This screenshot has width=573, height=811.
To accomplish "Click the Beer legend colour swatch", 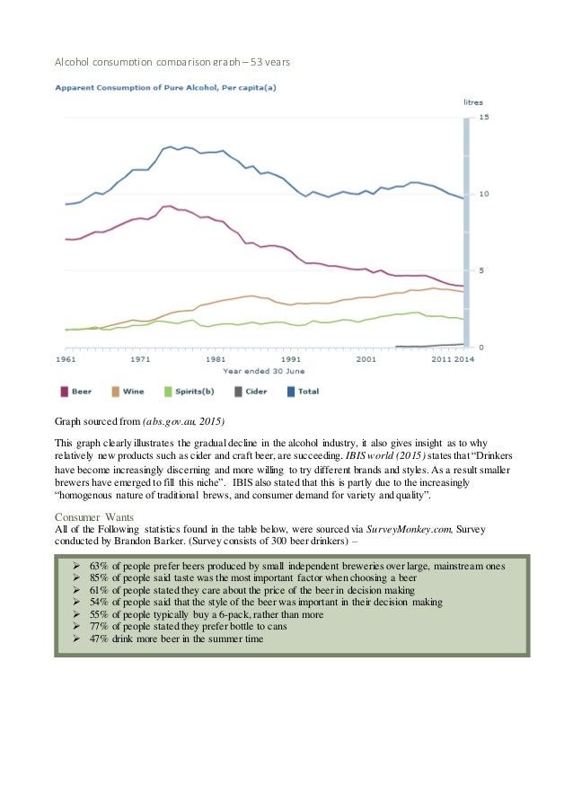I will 66,392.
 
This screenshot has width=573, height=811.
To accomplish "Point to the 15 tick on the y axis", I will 484,118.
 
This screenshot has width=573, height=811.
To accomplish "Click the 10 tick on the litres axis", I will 484,194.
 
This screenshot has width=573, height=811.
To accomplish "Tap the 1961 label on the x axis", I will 66,358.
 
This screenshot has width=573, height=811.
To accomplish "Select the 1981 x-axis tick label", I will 216,358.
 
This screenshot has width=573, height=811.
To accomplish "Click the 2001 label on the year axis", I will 366,358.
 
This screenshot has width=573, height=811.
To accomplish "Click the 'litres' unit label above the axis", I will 472,102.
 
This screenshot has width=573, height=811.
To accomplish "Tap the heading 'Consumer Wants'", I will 93,517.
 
